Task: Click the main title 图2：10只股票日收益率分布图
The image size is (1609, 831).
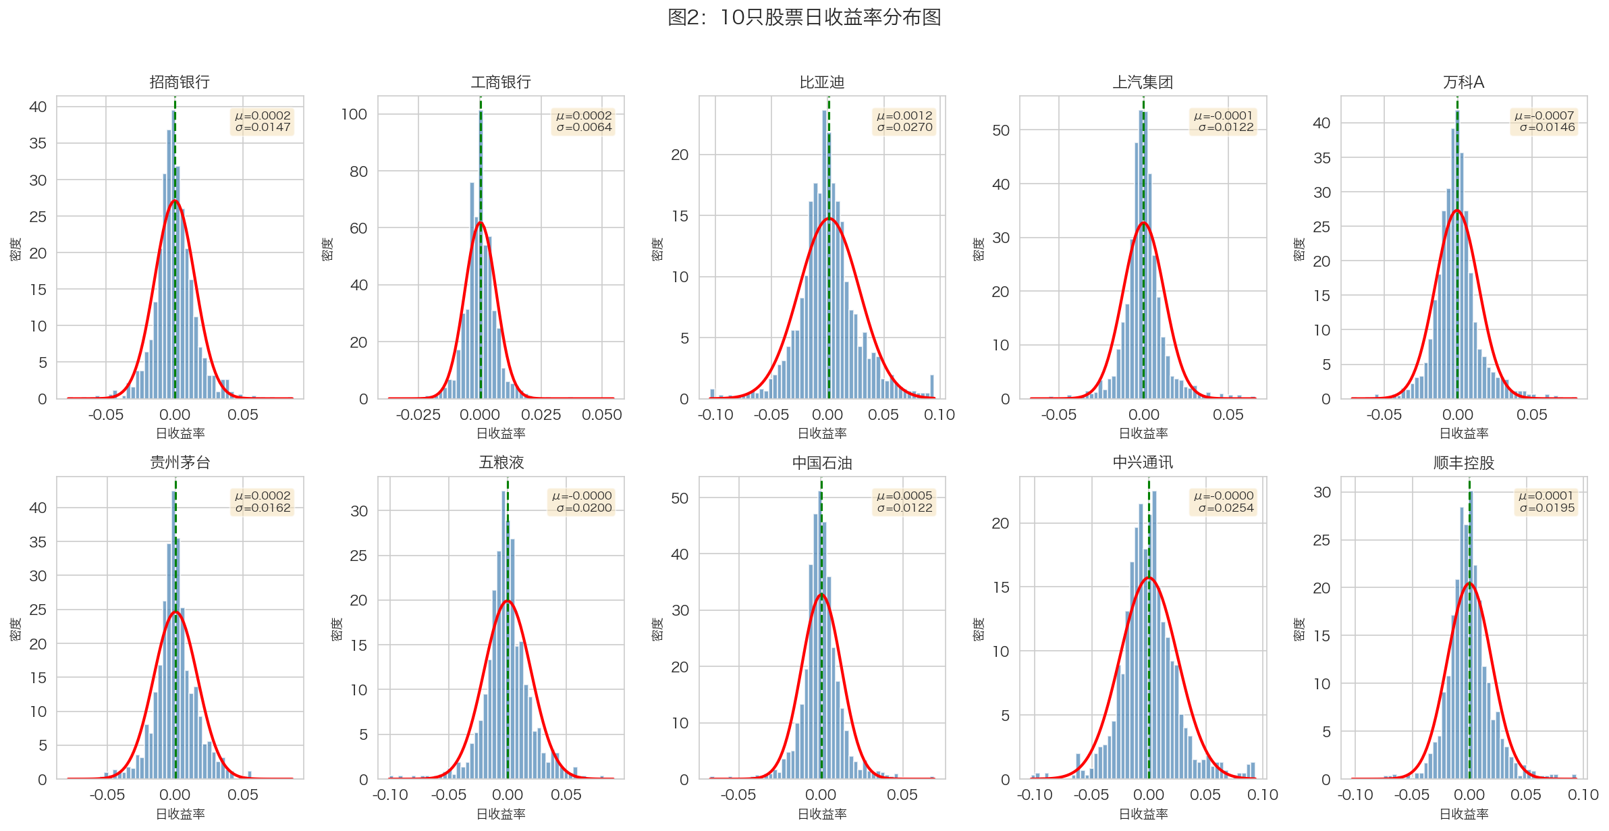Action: [x=804, y=18]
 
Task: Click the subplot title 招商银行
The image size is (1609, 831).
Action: [x=180, y=82]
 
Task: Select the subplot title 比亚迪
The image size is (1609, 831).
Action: [x=821, y=82]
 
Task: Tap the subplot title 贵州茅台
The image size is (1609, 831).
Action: [x=180, y=462]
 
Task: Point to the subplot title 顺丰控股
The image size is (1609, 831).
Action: [x=1463, y=463]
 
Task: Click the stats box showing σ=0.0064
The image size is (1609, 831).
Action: [x=584, y=122]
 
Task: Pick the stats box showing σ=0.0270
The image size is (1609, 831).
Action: [x=904, y=122]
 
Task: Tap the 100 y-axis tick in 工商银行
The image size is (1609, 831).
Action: [x=354, y=114]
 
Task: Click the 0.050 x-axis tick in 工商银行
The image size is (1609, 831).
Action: [x=602, y=415]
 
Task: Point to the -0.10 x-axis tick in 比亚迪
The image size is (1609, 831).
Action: [x=715, y=415]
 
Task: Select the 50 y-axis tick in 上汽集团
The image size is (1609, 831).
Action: [x=1001, y=130]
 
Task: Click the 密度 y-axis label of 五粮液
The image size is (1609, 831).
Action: [x=337, y=628]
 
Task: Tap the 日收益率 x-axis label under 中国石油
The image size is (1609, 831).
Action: [x=821, y=814]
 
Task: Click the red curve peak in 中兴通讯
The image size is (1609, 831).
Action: [x=1149, y=578]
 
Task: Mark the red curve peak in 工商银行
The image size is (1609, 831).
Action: [x=480, y=223]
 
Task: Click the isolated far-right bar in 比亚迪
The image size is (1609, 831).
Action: [x=932, y=387]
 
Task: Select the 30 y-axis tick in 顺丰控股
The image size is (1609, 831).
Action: [x=1322, y=492]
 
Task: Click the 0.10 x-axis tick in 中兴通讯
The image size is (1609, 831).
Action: [x=1262, y=795]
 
